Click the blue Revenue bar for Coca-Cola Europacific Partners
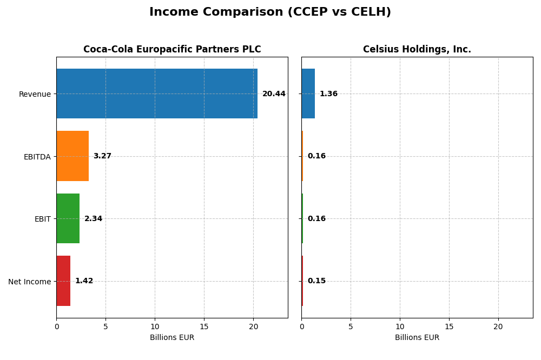point(157,94)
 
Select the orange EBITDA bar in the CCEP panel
point(72,156)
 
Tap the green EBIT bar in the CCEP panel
point(68,218)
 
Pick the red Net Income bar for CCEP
point(63,281)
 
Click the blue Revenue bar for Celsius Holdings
point(308,94)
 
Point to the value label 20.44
point(274,94)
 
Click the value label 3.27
point(102,156)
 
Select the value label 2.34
point(93,219)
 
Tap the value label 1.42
point(84,281)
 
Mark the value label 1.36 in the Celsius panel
point(328,94)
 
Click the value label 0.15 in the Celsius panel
point(316,281)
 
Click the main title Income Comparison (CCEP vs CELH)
point(270,12)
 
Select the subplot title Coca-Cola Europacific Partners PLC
point(172,50)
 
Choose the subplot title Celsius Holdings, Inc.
point(417,50)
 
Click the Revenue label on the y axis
point(35,94)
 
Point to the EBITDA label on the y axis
point(37,157)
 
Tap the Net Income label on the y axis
point(29,282)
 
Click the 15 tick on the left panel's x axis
point(204,326)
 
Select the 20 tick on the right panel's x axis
point(498,326)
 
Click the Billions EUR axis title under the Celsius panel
point(417,338)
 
